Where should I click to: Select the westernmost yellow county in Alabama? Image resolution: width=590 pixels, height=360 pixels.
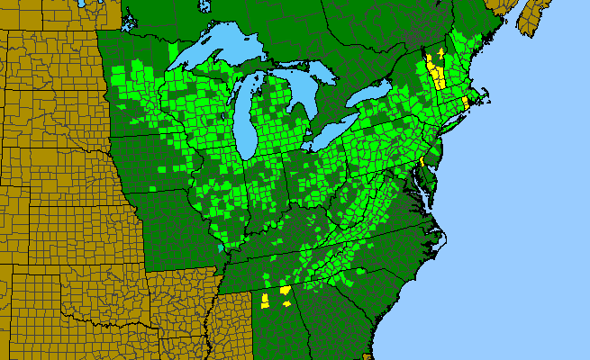click(x=266, y=300)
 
